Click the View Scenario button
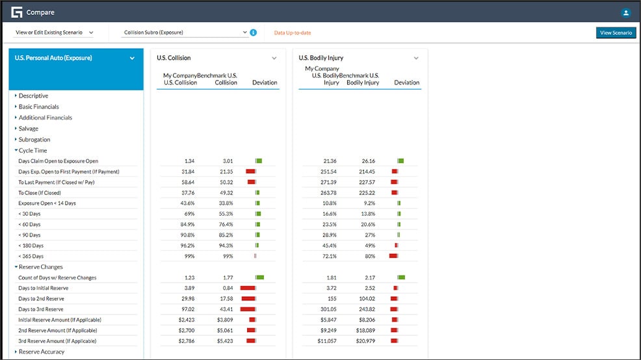point(616,32)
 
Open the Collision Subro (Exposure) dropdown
point(185,32)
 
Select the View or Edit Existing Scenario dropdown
point(53,32)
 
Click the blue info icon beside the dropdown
point(254,32)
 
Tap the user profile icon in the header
point(625,12)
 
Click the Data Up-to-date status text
point(293,32)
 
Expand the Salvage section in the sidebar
point(29,129)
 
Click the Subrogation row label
point(34,140)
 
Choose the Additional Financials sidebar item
point(46,118)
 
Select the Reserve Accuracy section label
point(42,352)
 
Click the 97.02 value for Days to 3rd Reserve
point(186,309)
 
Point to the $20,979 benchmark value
point(363,341)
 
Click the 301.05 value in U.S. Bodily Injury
point(327,309)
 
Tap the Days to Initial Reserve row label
point(43,288)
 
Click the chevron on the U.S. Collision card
point(274,58)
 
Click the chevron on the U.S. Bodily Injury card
point(416,58)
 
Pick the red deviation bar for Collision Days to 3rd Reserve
point(248,309)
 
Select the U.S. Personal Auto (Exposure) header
point(53,58)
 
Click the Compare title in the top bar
point(40,12)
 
